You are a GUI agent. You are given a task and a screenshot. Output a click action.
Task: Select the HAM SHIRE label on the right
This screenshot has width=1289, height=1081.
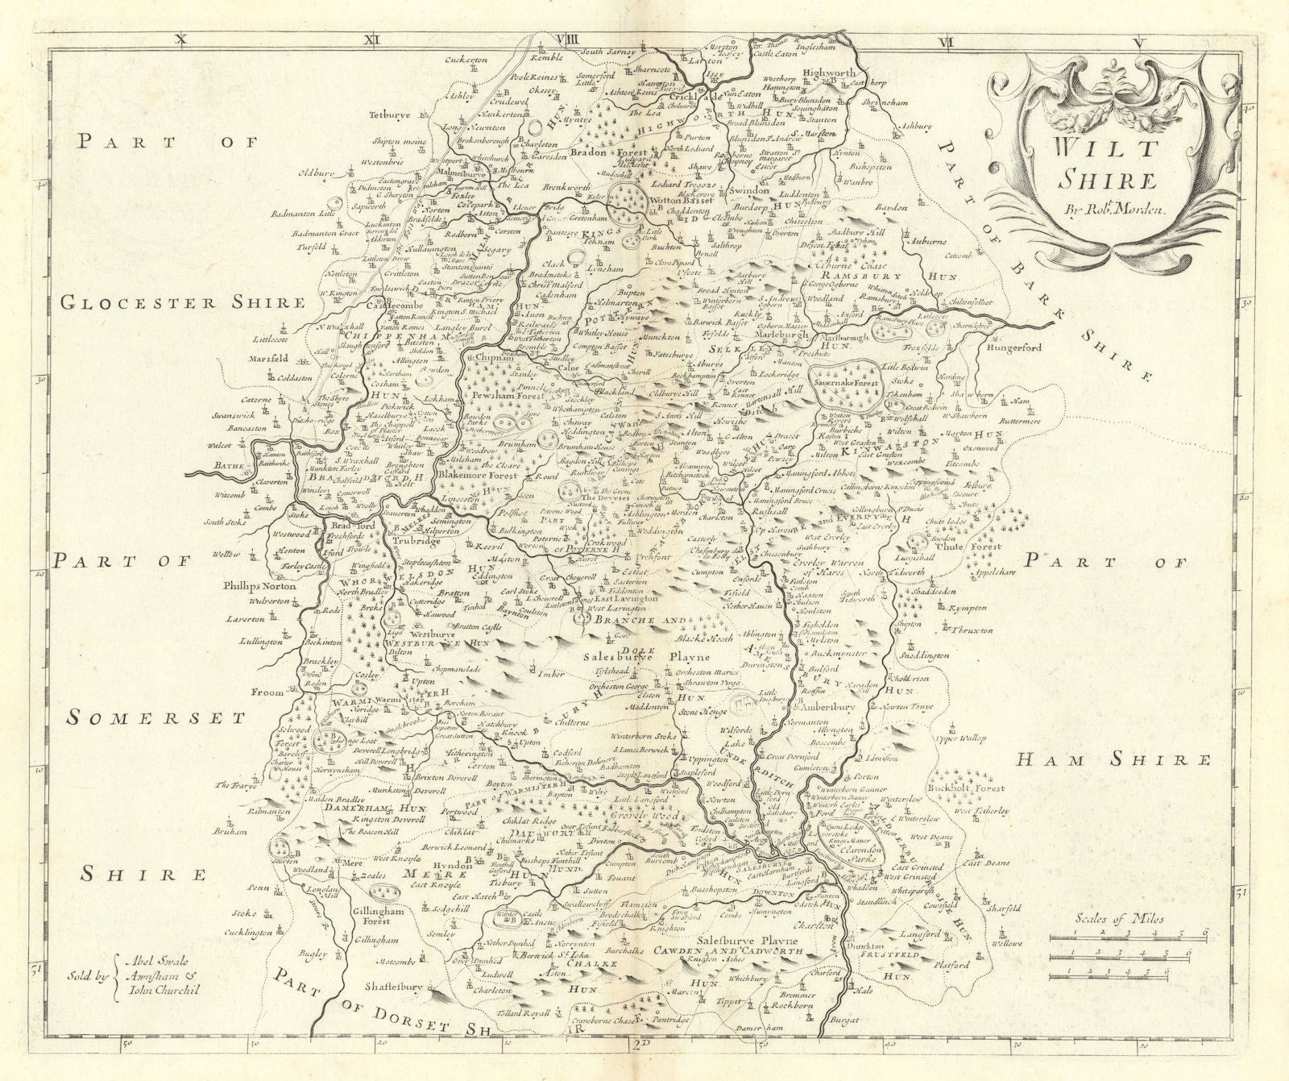click(x=1113, y=759)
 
